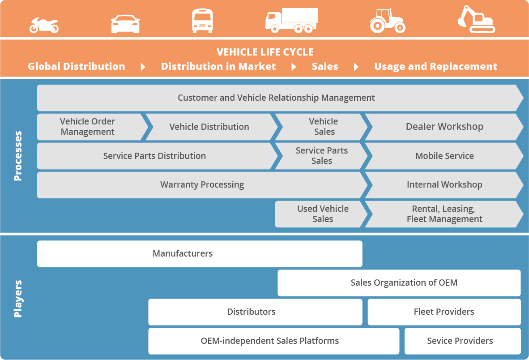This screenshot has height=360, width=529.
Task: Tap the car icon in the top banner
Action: (x=125, y=24)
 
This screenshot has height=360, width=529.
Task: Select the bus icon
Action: (x=202, y=21)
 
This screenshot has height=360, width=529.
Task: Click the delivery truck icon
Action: (x=291, y=21)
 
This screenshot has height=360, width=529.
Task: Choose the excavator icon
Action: (x=476, y=20)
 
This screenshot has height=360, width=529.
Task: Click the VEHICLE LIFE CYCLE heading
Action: (x=265, y=52)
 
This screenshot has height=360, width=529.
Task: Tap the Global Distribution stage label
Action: (x=77, y=67)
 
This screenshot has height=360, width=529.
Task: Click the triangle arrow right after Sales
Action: (x=356, y=67)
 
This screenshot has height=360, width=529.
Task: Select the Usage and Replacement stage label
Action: (x=435, y=67)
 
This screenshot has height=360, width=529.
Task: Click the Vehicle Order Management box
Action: (x=88, y=127)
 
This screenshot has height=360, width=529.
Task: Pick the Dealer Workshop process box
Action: (x=444, y=127)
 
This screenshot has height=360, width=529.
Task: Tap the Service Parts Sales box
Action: (x=321, y=156)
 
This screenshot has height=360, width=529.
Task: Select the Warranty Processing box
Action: (x=202, y=184)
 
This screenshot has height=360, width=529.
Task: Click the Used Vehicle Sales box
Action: (x=322, y=214)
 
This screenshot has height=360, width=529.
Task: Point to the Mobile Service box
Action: (x=444, y=156)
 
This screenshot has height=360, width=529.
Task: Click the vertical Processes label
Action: (x=18, y=156)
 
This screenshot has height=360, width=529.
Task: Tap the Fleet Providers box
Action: (x=444, y=312)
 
